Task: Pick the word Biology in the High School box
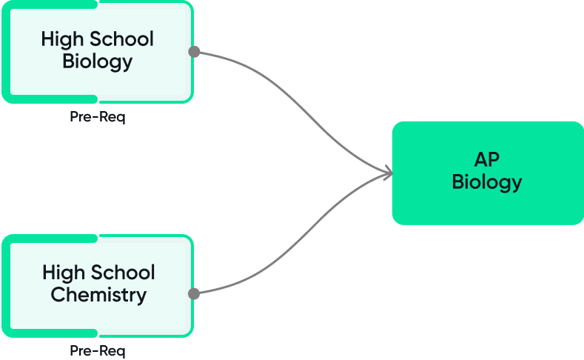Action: point(97,61)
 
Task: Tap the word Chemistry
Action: point(98,295)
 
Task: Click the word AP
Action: point(487,159)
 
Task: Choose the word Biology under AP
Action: point(487,181)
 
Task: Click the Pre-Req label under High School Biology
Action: point(97,117)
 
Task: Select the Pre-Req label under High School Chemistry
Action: point(97,350)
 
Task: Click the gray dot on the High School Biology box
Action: point(194,52)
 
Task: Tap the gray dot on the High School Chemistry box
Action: point(194,294)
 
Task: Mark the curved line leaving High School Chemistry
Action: point(296,244)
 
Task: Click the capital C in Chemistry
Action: point(57,295)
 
